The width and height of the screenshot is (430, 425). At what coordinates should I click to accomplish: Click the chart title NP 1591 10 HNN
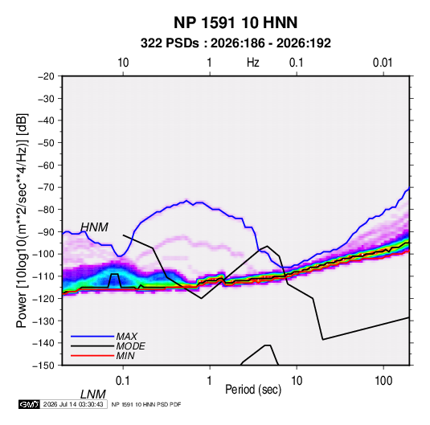(235, 22)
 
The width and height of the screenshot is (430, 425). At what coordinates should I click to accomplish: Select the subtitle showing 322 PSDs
(235, 43)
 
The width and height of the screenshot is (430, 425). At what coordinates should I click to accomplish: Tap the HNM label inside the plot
(94, 227)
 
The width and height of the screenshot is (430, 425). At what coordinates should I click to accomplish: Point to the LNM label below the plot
(93, 394)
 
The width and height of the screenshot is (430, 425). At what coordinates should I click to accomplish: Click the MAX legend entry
(127, 336)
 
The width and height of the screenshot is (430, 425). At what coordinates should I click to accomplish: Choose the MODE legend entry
(130, 346)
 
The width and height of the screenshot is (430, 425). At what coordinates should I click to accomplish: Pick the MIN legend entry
(125, 356)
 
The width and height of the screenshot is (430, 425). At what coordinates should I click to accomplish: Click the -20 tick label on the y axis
(46, 76)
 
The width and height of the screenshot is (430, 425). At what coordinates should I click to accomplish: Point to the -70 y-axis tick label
(46, 187)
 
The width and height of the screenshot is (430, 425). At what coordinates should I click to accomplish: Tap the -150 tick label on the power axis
(43, 366)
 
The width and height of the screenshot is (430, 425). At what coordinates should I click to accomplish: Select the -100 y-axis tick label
(43, 254)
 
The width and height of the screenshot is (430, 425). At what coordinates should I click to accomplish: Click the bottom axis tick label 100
(383, 381)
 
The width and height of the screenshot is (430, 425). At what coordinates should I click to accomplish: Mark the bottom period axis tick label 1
(210, 381)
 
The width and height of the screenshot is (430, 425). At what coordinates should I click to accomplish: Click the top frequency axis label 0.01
(383, 63)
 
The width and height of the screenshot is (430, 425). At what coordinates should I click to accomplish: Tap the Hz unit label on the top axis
(252, 63)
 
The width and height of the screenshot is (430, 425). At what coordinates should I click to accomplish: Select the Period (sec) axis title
(253, 390)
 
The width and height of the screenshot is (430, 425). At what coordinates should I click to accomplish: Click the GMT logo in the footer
(30, 404)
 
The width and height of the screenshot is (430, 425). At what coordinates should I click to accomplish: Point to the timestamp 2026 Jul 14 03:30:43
(73, 404)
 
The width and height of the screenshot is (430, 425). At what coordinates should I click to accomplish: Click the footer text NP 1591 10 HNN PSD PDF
(146, 404)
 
